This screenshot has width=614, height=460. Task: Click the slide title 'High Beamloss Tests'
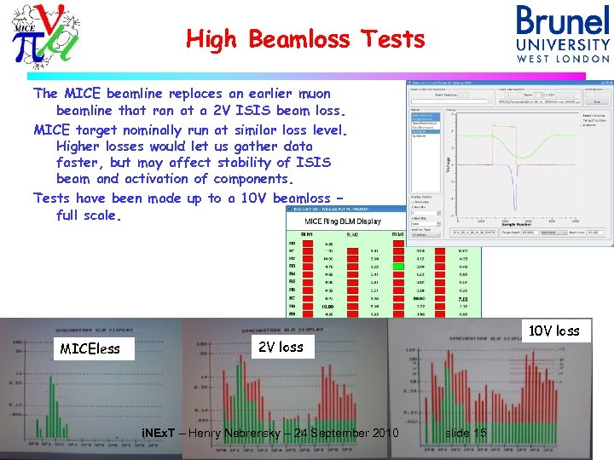point(305,39)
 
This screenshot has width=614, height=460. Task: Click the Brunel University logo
point(563,34)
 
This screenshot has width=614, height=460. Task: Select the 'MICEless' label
point(90,348)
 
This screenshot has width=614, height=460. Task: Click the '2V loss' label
point(280,346)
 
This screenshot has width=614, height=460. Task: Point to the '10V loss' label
point(554,331)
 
